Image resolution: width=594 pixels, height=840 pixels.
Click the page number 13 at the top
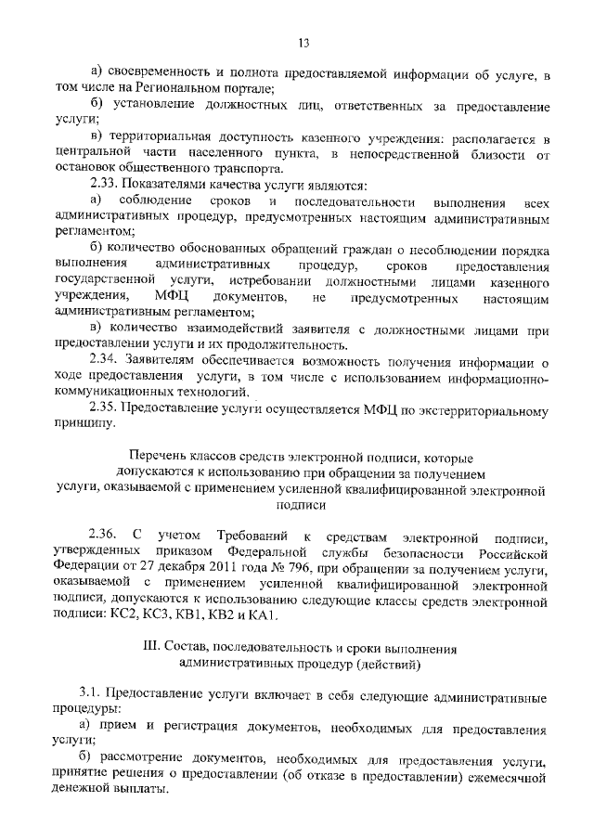point(303,42)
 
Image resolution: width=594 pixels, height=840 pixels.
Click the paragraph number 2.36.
point(105,538)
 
